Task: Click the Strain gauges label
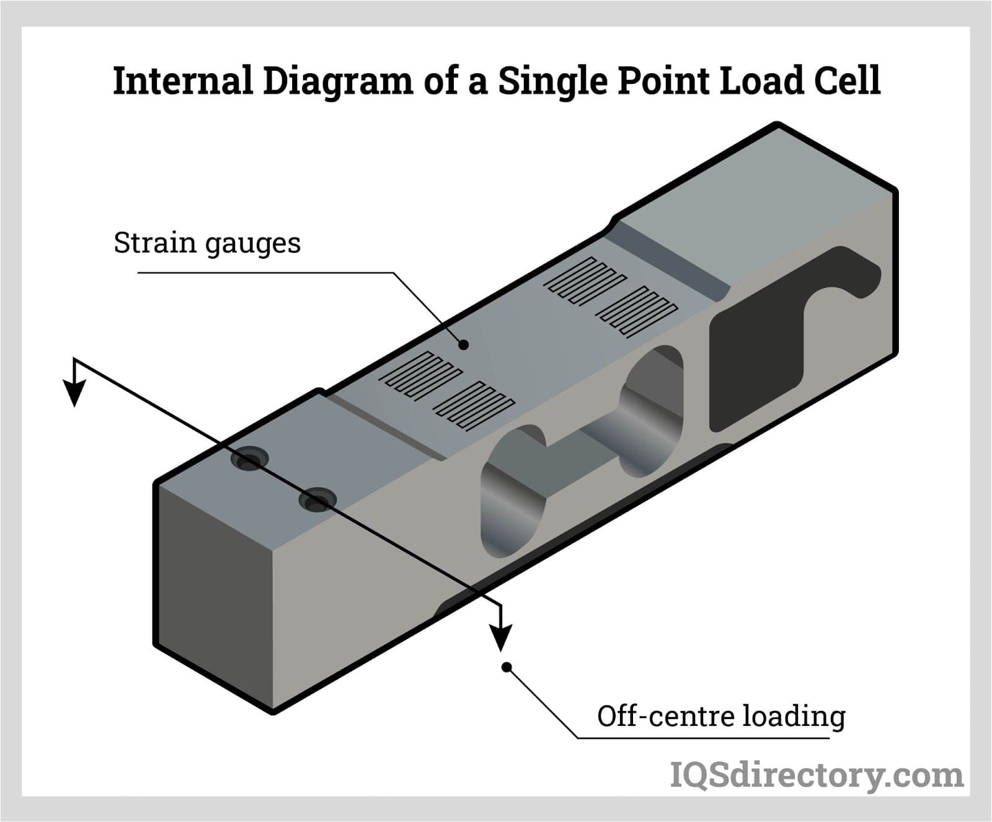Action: tap(207, 243)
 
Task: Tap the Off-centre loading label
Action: tap(721, 717)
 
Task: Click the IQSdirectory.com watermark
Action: tap(817, 775)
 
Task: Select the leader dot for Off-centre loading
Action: tap(507, 667)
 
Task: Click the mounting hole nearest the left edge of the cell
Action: tap(249, 460)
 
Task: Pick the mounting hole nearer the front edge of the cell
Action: tap(317, 499)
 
